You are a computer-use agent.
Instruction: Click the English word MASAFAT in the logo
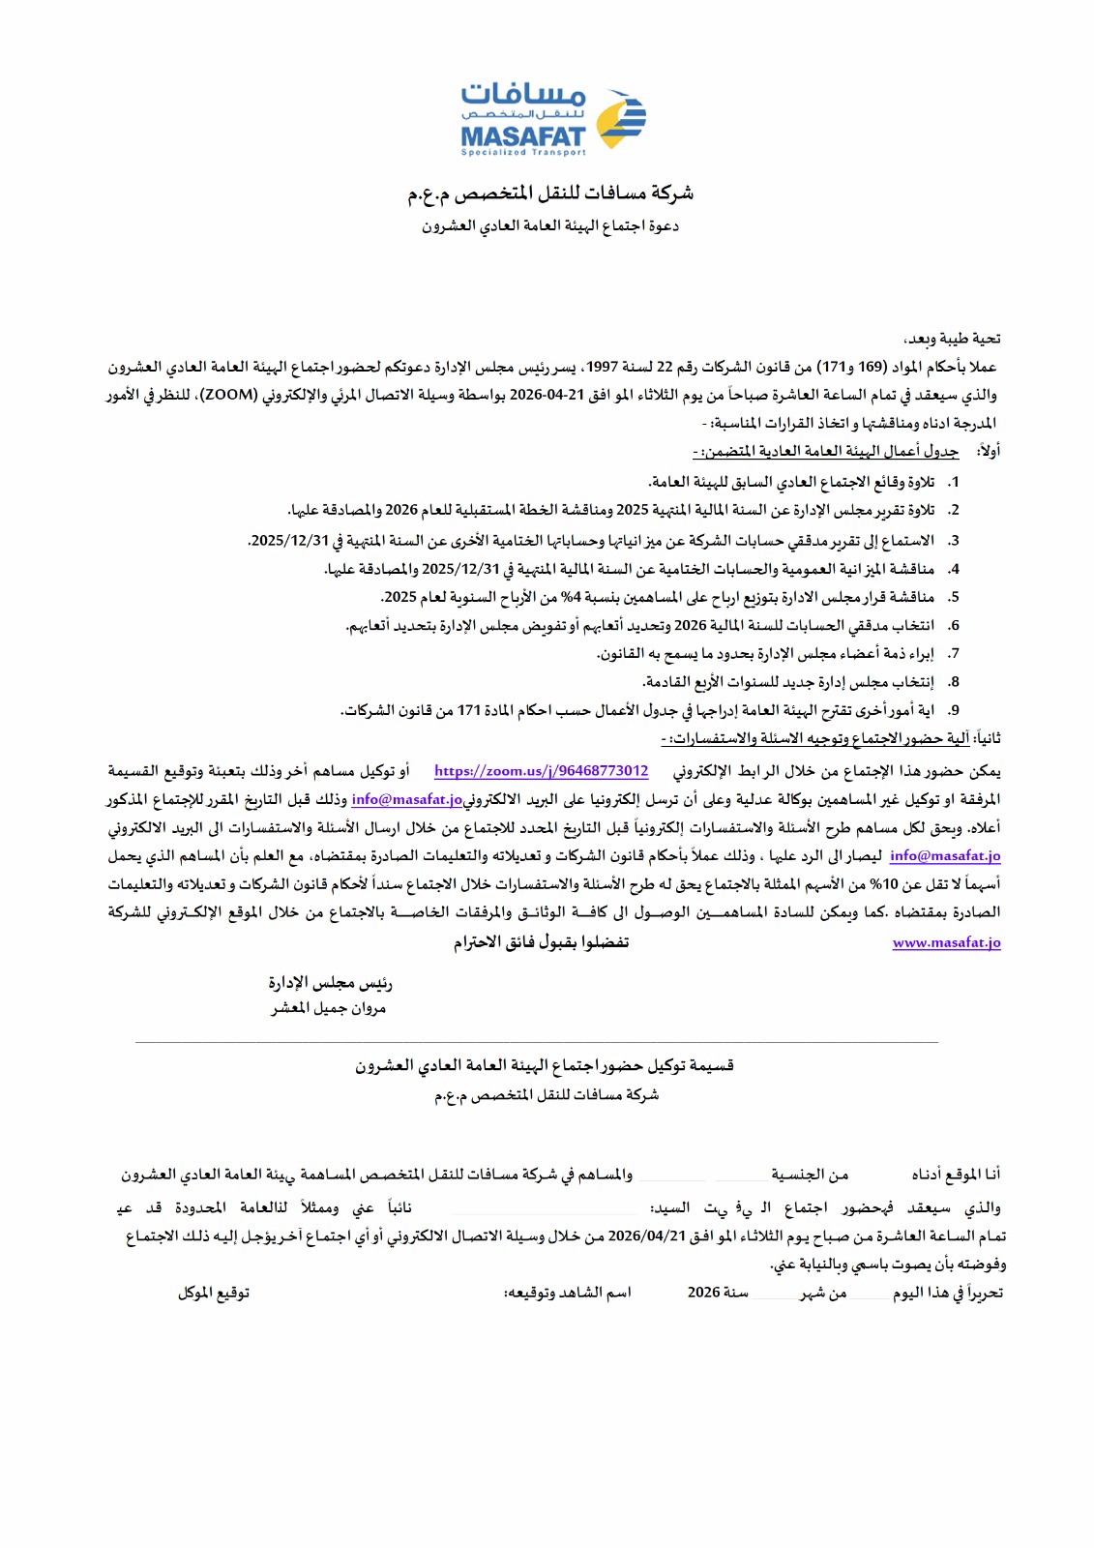pyautogui.click(x=523, y=136)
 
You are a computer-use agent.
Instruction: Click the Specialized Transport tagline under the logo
pyautogui.click(x=523, y=152)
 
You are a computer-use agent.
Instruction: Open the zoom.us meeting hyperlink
pyautogui.click(x=541, y=771)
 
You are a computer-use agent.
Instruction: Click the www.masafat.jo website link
pyautogui.click(x=946, y=942)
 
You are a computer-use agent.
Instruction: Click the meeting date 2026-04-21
pyautogui.click(x=547, y=395)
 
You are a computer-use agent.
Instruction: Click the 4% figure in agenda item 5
pyautogui.click(x=569, y=597)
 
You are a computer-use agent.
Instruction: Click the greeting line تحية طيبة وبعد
pyautogui.click(x=952, y=339)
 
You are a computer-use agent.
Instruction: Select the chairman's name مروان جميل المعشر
pyautogui.click(x=328, y=1008)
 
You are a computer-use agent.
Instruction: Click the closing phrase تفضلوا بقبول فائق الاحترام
pyautogui.click(x=541, y=942)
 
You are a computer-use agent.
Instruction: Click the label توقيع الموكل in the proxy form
pyautogui.click(x=213, y=1293)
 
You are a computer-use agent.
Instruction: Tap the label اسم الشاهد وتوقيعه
pyautogui.click(x=568, y=1293)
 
